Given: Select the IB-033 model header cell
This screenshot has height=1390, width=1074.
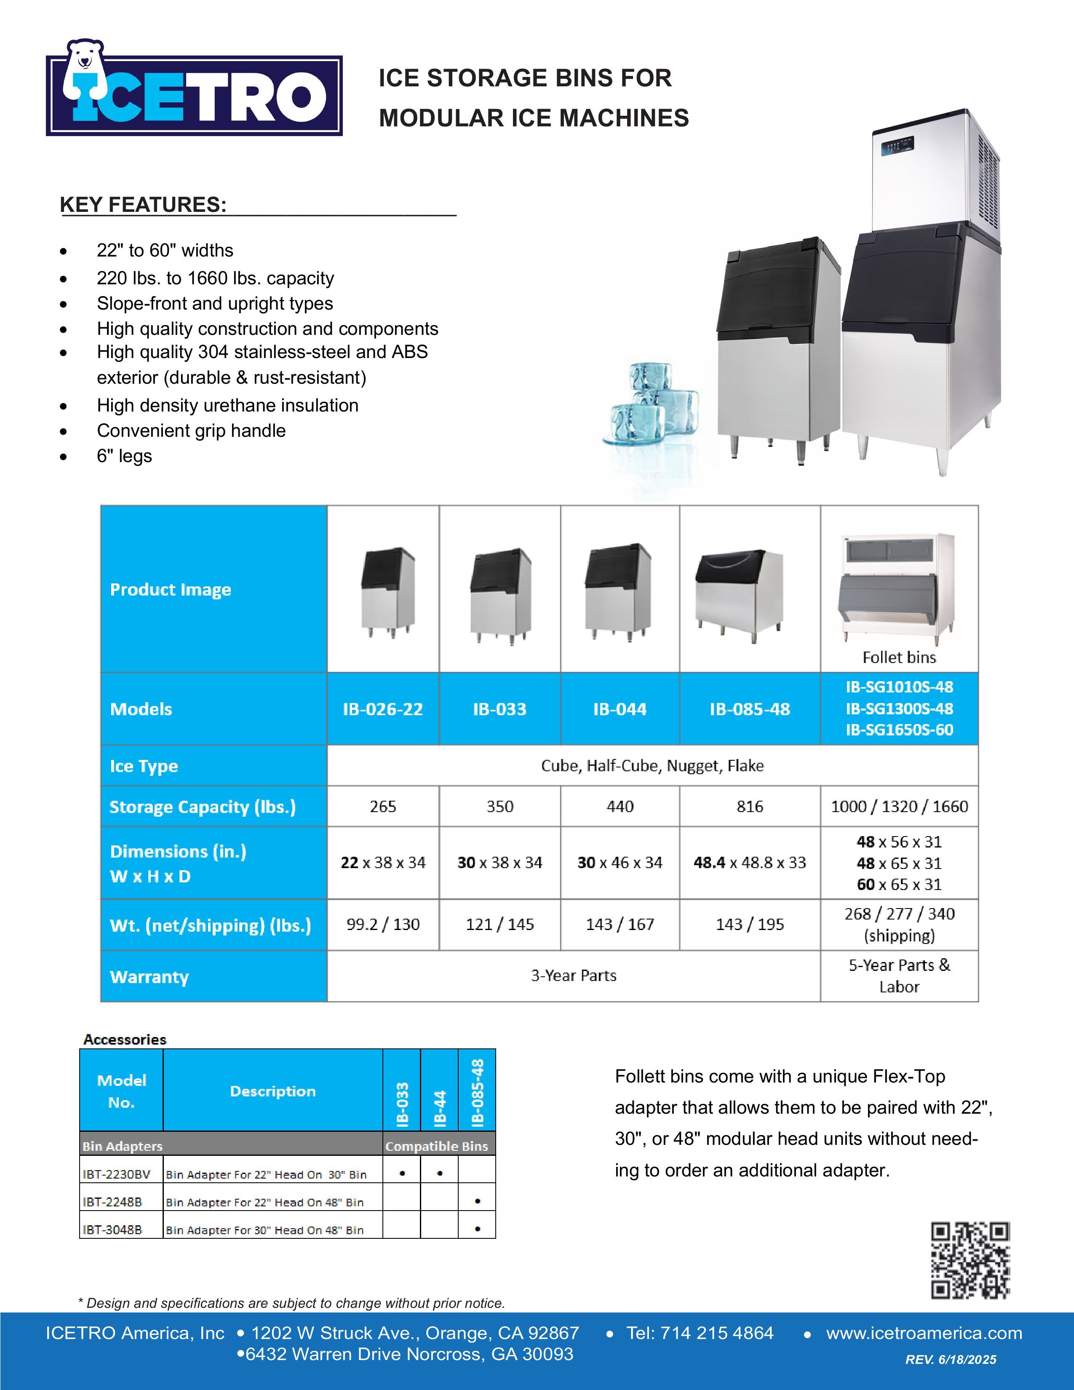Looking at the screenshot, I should [x=500, y=709].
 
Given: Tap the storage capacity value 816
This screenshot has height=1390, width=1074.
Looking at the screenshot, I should [x=750, y=806].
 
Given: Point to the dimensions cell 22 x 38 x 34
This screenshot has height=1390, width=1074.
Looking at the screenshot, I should [x=383, y=862].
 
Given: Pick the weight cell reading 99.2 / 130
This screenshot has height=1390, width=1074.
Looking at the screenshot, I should [x=383, y=924].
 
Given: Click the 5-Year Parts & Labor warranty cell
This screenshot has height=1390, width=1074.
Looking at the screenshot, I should [x=899, y=976].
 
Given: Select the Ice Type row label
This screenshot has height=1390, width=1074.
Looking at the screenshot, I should [x=144, y=766].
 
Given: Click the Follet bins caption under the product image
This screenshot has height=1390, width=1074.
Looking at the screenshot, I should [x=899, y=657].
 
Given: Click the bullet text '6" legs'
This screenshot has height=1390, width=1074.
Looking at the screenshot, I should [x=124, y=456].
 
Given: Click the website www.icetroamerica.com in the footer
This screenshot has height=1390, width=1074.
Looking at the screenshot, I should [x=924, y=1334].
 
